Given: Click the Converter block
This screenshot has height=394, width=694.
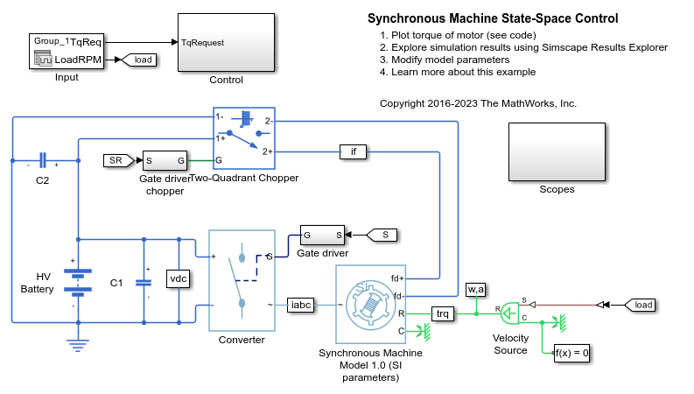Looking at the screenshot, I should (x=242, y=279).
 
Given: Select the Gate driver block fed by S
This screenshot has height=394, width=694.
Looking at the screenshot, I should (x=322, y=235).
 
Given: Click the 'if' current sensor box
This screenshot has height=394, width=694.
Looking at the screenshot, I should (x=354, y=151).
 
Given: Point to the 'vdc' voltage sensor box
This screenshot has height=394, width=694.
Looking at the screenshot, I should (x=179, y=278).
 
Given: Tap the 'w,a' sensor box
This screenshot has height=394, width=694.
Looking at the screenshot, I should (x=475, y=290).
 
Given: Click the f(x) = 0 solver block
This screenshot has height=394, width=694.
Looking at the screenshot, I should (x=572, y=353).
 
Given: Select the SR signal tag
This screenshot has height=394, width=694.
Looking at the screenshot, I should (x=115, y=160).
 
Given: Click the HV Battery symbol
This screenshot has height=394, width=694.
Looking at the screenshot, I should (x=79, y=277).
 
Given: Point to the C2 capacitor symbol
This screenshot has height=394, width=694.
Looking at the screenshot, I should (x=43, y=163).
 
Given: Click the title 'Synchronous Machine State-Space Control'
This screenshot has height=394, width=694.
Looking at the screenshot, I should (x=493, y=18).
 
